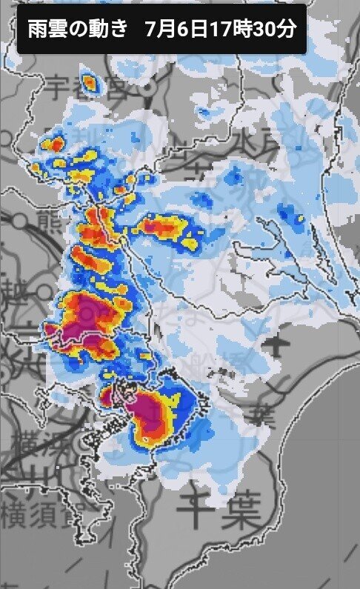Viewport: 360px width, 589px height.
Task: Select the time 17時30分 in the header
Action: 252,30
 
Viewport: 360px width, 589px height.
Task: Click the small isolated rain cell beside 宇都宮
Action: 90,83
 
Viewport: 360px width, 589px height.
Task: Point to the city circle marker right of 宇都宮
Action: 148,87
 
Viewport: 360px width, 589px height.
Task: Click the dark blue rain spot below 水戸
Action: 234,176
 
